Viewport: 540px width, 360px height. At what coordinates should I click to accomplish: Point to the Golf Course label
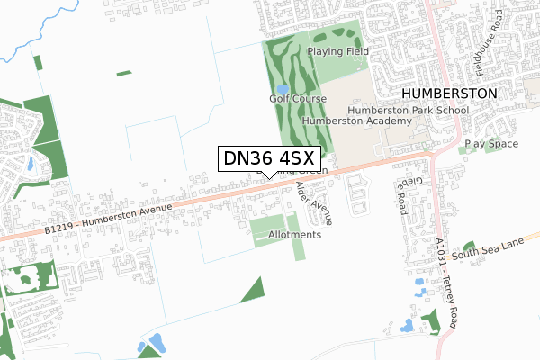pyautogui.click(x=297, y=98)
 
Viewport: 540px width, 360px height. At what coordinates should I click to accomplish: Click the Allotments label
pyautogui.click(x=294, y=235)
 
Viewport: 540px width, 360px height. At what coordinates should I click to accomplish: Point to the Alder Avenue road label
pyautogui.click(x=314, y=202)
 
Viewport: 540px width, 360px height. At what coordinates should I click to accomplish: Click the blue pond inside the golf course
pyautogui.click(x=282, y=89)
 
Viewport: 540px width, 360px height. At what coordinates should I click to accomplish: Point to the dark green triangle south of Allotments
pyautogui.click(x=256, y=290)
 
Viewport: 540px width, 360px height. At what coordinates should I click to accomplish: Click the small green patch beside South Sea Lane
pyautogui.click(x=469, y=246)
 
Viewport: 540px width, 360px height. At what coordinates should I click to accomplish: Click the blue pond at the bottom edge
pyautogui.click(x=155, y=343)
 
